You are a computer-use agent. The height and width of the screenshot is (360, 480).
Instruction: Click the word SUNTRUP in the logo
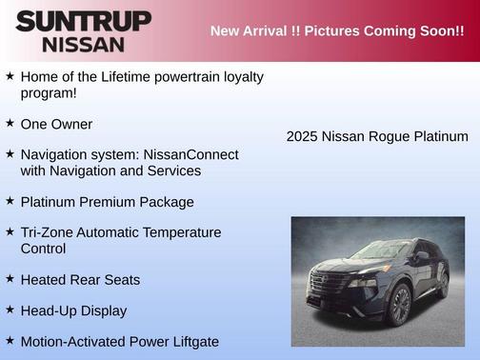click(83, 21)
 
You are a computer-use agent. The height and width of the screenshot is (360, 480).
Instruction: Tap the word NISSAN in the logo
click(83, 44)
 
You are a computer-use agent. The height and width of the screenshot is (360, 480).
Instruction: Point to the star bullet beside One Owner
click(10, 124)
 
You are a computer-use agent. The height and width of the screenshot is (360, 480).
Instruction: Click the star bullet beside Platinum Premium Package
click(10, 202)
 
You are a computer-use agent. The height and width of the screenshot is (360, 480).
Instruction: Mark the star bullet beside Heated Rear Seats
click(10, 279)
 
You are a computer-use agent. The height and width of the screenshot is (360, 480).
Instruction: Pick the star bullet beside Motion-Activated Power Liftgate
click(10, 341)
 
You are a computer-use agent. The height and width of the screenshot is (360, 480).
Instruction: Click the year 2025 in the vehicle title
click(302, 136)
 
